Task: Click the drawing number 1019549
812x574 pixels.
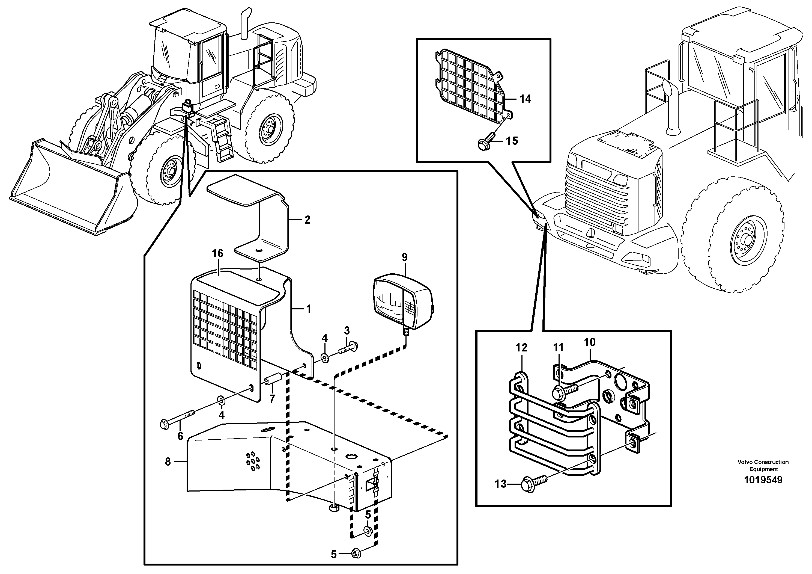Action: coord(763,480)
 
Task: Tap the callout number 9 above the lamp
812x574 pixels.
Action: coord(405,257)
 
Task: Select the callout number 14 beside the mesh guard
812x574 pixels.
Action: coord(525,99)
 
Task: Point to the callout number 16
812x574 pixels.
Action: coord(217,253)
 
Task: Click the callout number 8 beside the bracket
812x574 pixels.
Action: coord(168,461)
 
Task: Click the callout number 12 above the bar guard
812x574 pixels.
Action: coord(522,348)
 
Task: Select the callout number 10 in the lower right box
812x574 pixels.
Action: coord(590,342)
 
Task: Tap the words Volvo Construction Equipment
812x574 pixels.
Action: coord(763,465)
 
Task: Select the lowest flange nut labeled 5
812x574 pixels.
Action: coord(356,554)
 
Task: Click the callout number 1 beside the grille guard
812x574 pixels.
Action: coord(308,309)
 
